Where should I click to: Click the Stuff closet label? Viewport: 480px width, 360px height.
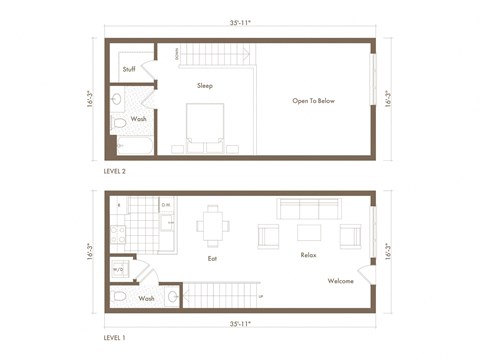(x=129, y=69)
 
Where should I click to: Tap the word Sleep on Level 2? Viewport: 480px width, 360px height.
(x=205, y=86)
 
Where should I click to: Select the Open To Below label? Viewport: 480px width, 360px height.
(x=313, y=101)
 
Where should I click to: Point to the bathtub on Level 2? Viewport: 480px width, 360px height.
(x=133, y=146)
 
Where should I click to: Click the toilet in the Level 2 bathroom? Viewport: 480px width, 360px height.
(x=119, y=122)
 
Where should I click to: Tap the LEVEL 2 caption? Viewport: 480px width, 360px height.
(x=115, y=171)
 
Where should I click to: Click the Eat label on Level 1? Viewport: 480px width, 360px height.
(x=212, y=258)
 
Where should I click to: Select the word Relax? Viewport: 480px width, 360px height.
(x=308, y=255)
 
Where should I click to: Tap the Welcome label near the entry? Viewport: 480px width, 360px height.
(x=340, y=281)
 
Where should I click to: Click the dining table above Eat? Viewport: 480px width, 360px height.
(x=212, y=224)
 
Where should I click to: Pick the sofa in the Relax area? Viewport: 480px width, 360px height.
(x=308, y=209)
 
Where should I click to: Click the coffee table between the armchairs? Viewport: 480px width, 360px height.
(x=309, y=234)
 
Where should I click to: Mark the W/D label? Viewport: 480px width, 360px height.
(x=118, y=269)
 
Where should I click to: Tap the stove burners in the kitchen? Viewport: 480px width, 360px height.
(x=117, y=235)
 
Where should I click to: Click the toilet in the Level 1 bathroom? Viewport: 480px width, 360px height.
(x=119, y=297)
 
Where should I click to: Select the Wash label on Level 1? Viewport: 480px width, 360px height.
(x=147, y=298)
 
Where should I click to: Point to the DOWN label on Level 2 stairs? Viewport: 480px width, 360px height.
(x=177, y=53)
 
